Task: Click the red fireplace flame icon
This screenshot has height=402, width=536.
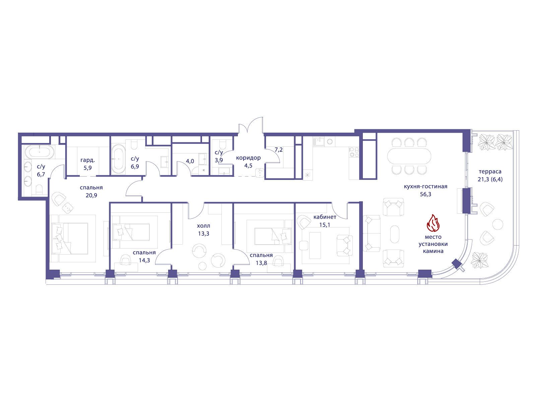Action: point(433,222)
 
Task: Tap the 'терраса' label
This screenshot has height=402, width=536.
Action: point(490,172)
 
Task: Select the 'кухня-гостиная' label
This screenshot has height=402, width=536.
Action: point(425,187)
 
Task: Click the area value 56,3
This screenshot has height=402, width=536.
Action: point(425,194)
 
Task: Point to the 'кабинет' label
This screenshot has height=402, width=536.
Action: point(325,217)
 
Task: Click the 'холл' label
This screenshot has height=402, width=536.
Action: point(203,226)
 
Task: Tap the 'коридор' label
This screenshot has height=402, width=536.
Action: point(248,158)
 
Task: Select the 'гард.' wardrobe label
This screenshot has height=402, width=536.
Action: point(87,160)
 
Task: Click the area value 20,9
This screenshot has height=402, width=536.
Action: point(91,195)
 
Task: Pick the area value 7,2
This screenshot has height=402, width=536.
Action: point(279,150)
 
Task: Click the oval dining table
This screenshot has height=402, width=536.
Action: point(409,156)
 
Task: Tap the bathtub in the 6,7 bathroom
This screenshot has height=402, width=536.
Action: point(40,152)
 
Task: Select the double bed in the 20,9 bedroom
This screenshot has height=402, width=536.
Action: point(70,239)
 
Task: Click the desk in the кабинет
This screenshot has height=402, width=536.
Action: point(315,245)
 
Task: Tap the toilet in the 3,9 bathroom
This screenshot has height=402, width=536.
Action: point(222,143)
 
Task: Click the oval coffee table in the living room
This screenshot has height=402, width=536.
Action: point(394,234)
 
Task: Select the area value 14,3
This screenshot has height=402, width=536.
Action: point(144,260)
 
